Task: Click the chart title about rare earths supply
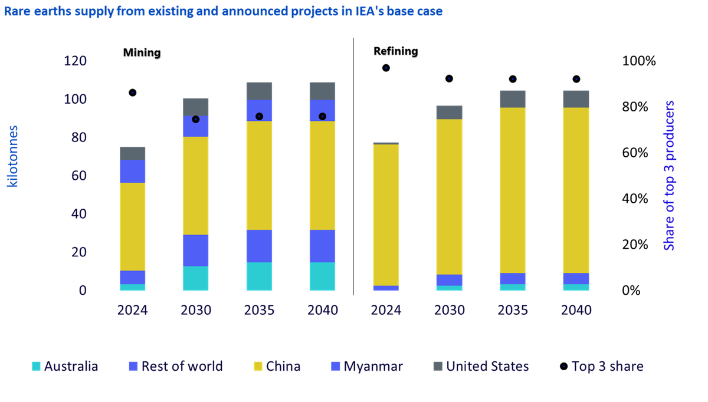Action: click(223, 11)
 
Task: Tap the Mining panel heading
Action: click(142, 52)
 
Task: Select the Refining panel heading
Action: click(396, 51)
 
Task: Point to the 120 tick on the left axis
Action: click(76, 61)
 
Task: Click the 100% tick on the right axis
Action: click(639, 61)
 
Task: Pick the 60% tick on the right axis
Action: click(635, 153)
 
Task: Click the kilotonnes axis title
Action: click(12, 156)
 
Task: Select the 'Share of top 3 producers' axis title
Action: click(669, 176)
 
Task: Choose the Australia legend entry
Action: click(65, 366)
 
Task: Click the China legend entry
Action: click(277, 366)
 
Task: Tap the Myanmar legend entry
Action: click(367, 366)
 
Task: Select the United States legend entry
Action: click(481, 366)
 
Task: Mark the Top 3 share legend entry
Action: click(602, 366)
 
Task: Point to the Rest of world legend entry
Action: click(176, 366)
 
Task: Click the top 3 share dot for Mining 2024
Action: click(133, 93)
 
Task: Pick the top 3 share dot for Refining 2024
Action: click(386, 68)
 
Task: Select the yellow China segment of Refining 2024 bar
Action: click(386, 215)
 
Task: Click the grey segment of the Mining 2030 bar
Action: click(196, 107)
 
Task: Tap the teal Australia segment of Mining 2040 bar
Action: click(322, 276)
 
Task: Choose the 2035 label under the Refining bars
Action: click(513, 310)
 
